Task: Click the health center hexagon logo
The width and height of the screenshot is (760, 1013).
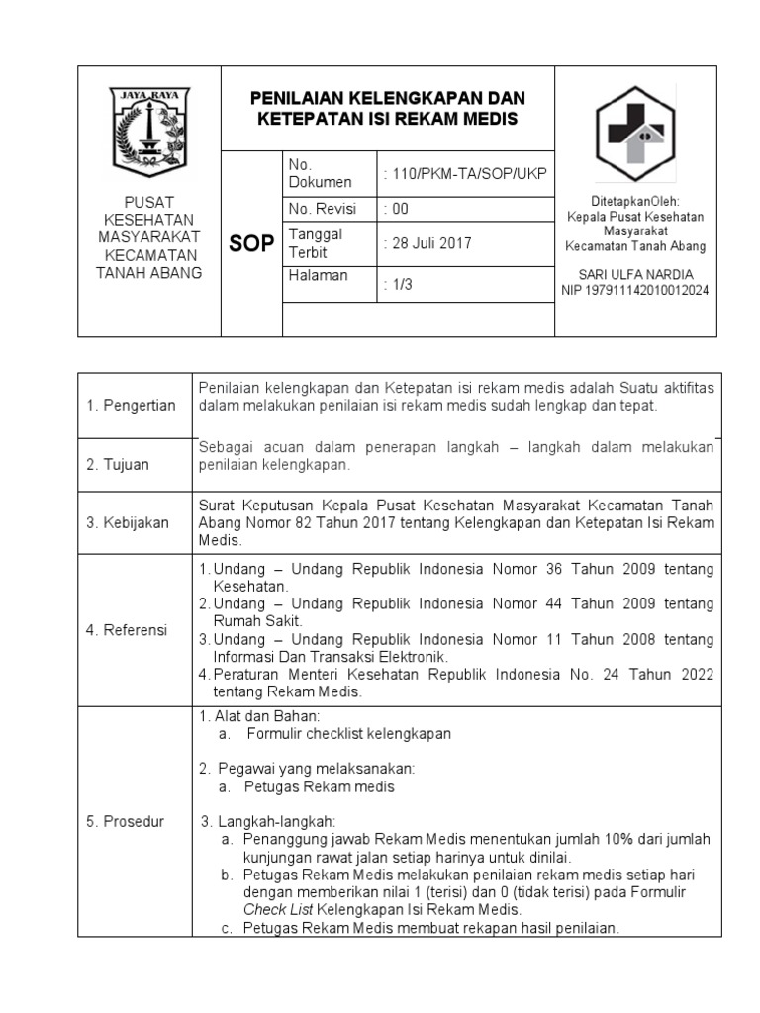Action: click(634, 134)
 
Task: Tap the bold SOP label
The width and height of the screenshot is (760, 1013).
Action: click(251, 244)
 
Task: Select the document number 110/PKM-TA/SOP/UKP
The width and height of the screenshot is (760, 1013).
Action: click(465, 174)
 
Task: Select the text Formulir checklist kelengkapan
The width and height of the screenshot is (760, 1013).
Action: click(349, 733)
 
